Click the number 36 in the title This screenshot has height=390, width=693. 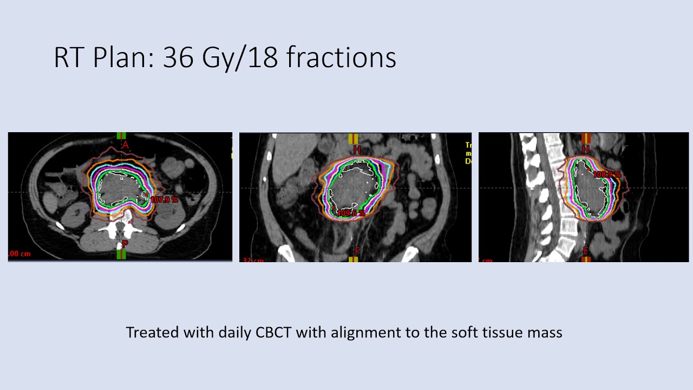click(178, 57)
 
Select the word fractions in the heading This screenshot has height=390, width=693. click(341, 57)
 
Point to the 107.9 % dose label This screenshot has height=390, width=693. click(164, 200)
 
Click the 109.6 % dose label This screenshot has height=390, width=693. click(351, 213)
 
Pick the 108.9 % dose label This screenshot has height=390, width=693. click(606, 175)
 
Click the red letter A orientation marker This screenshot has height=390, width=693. click(125, 145)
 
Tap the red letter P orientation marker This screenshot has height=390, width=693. click(125, 244)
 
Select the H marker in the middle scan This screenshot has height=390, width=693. click(356, 149)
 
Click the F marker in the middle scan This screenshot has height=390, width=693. click(356, 250)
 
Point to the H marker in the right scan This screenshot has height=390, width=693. click(585, 149)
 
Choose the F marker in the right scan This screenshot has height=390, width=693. click(585, 251)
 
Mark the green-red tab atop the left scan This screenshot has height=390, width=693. click(121, 136)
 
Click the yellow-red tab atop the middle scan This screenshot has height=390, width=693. click(354, 138)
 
